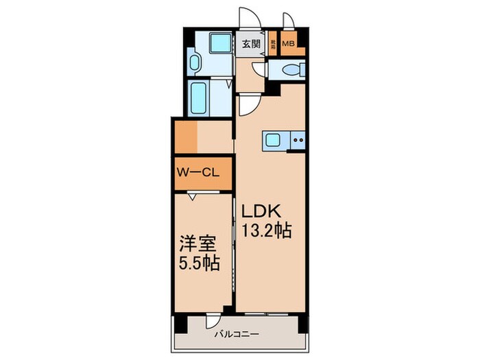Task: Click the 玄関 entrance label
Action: click(x=251, y=45)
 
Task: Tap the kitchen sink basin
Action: click(x=273, y=141)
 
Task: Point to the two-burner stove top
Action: click(x=298, y=141)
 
